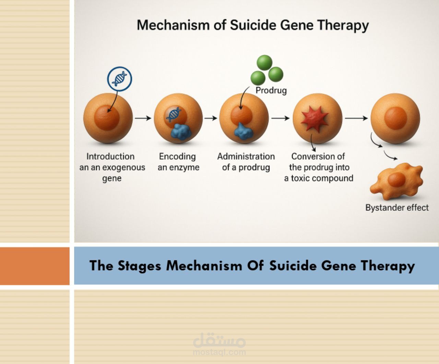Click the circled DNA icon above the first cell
tap(120, 79)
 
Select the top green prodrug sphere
tap(264, 62)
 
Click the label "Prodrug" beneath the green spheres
tap(271, 90)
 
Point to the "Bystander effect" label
tap(397, 207)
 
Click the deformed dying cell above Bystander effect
tap(396, 181)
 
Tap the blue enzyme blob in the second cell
tap(181, 132)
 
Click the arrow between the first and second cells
tap(143, 118)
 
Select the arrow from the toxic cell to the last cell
tap(356, 118)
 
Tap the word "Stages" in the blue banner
tap(139, 266)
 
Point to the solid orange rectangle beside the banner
tap(35, 266)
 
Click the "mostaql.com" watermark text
tap(219, 352)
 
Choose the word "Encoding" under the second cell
tap(177, 157)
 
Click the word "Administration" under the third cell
tap(246, 157)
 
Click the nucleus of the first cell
tap(107, 117)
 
